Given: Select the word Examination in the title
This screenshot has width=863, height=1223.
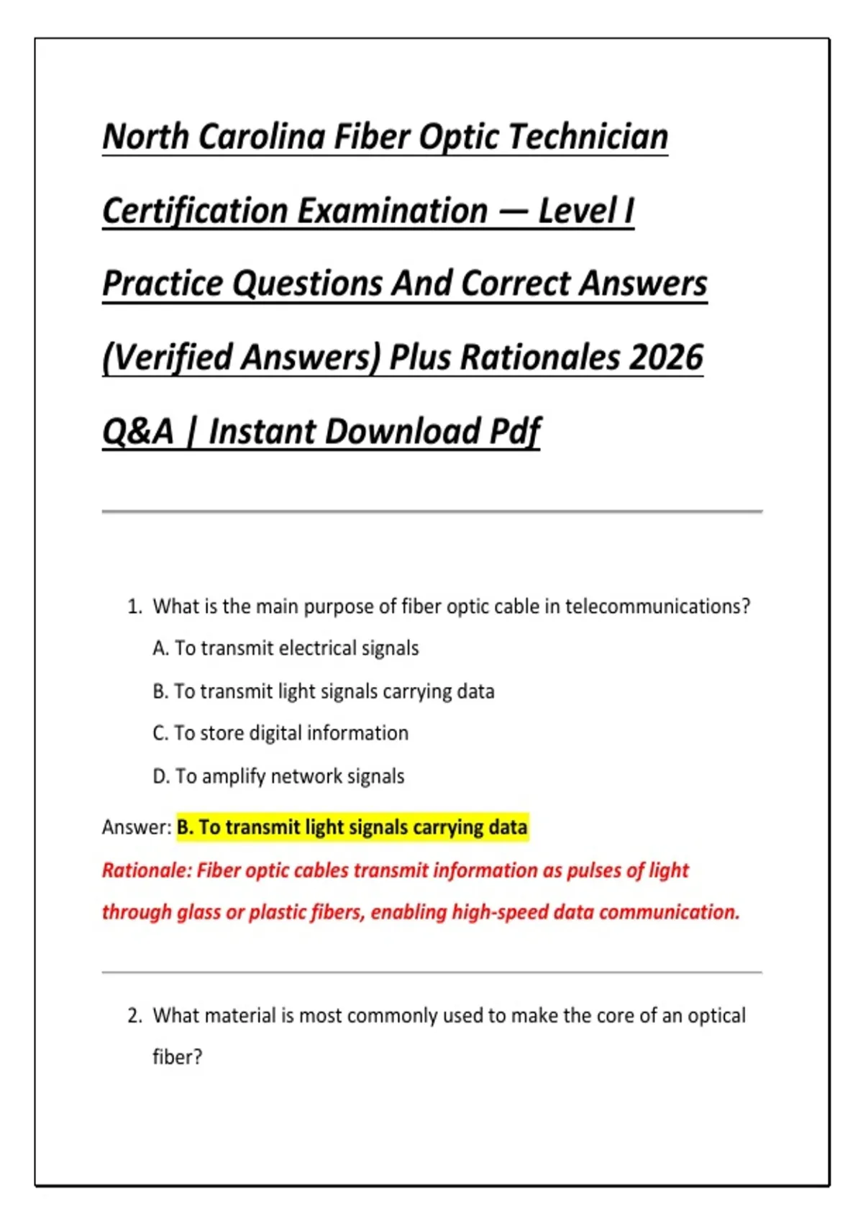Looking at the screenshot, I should point(393,211).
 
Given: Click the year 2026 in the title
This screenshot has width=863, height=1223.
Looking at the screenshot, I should point(666,358).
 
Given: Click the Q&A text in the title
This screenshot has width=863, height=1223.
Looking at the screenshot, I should point(138,432).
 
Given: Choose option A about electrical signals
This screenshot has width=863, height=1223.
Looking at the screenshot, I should point(286,648).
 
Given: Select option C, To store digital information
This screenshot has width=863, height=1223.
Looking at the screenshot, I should point(280,733).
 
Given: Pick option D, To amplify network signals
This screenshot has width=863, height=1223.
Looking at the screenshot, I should point(278,776).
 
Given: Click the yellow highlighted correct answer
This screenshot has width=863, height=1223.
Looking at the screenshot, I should point(352,827).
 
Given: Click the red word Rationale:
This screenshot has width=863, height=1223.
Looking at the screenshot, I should point(147,870).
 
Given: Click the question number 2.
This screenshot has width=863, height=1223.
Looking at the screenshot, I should point(134,1016).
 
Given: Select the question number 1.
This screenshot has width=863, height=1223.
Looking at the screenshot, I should point(134,606).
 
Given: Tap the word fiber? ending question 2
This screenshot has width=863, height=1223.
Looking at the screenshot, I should point(177,1057).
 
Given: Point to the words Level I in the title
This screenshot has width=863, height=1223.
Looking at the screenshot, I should point(586,211).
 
